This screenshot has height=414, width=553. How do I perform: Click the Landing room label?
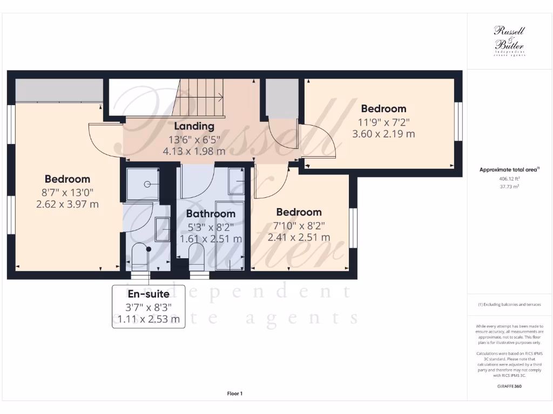pyautogui.click(x=194, y=126)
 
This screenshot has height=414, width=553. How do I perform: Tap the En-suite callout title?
pyautogui.click(x=149, y=294)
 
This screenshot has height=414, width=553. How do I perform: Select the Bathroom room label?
pyautogui.click(x=211, y=214)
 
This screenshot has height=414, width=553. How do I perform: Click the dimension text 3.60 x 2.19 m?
pyautogui.click(x=383, y=134)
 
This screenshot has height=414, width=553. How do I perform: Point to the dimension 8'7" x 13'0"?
pyautogui.click(x=68, y=192)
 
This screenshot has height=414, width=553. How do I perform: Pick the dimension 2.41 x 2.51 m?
pyautogui.click(x=299, y=237)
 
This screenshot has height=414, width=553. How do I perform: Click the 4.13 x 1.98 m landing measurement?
pyautogui.click(x=194, y=151)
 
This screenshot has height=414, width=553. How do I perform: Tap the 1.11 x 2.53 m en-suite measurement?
pyautogui.click(x=149, y=319)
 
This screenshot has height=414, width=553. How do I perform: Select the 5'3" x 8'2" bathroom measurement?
pyautogui.click(x=211, y=227)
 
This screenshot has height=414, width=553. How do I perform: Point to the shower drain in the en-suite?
pyautogui.click(x=147, y=184)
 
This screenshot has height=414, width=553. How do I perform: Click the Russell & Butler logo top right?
pyautogui.click(x=509, y=40)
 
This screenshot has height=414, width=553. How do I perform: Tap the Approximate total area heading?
pyautogui.click(x=509, y=169)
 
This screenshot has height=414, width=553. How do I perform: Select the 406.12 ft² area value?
pyautogui.click(x=509, y=178)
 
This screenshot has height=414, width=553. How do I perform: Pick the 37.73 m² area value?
pyautogui.click(x=509, y=187)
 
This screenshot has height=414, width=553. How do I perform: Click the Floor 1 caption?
pyautogui.click(x=235, y=394)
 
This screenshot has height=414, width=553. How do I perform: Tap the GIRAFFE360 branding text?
pyautogui.click(x=509, y=387)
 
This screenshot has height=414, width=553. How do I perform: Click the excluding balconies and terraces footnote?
pyautogui.click(x=509, y=305)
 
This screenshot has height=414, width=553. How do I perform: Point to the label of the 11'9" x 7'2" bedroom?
pyautogui.click(x=383, y=109)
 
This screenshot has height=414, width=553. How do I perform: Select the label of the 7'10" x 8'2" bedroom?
pyautogui.click(x=299, y=212)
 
